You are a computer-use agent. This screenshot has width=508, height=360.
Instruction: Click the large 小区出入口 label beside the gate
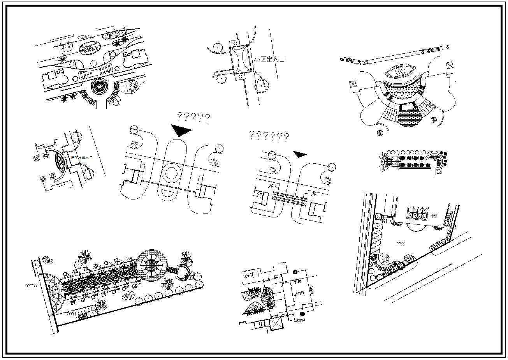[x=269, y=60]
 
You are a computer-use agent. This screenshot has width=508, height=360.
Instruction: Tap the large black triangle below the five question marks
[x=180, y=130]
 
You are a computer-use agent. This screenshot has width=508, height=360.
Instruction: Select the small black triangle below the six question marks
[x=299, y=154]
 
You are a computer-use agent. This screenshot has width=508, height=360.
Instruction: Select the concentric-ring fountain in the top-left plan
[x=98, y=86]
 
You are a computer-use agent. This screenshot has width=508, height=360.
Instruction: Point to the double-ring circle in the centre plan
[x=171, y=172]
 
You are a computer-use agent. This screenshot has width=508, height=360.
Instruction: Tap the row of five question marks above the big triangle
[x=193, y=117]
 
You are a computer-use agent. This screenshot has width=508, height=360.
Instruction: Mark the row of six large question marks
[x=269, y=136]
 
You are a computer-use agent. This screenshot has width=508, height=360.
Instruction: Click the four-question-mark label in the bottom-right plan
[x=400, y=244]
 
